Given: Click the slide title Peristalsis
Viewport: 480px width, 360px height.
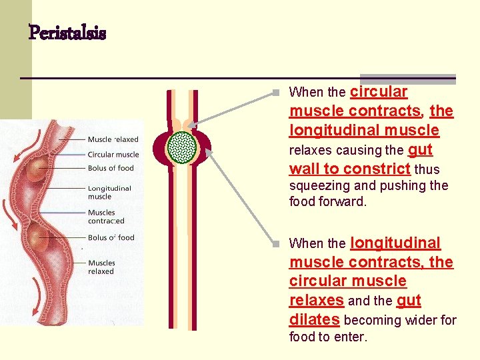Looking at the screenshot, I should click(x=67, y=33).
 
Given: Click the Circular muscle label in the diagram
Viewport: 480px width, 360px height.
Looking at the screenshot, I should click(x=113, y=154).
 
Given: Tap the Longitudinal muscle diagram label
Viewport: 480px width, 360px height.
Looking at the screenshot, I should click(x=109, y=192).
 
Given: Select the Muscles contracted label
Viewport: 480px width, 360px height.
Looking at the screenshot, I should click(x=106, y=217).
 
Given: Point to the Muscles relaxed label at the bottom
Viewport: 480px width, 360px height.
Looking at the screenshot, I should click(x=101, y=267).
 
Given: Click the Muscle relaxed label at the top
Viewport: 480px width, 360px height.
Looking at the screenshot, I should click(x=113, y=139).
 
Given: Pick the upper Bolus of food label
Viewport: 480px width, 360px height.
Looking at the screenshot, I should click(x=111, y=168).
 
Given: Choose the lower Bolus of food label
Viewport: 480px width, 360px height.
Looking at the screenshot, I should click(x=111, y=237).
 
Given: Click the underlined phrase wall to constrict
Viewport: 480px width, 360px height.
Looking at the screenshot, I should click(x=349, y=169).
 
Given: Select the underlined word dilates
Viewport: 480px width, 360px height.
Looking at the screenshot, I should click(x=314, y=319).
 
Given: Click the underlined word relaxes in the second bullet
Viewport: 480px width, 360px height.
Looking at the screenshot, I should click(x=316, y=300).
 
